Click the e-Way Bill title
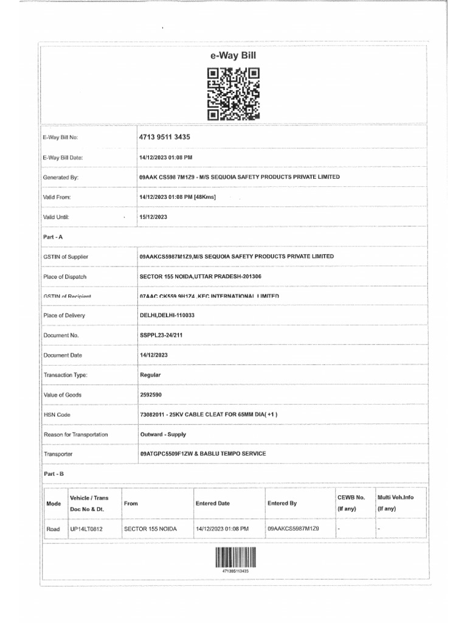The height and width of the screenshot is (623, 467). point(233,56)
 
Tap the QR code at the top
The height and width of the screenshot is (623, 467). point(233,93)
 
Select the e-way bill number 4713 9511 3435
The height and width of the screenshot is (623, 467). point(165,137)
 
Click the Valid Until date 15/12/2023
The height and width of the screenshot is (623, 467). point(153,217)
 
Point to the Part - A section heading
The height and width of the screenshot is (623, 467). point(52,237)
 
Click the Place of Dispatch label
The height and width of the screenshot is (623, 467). point(64,277)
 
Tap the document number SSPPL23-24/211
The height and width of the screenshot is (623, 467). point(162,335)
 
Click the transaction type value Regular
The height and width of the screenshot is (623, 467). point(150,375)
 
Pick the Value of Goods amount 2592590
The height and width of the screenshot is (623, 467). point(151,395)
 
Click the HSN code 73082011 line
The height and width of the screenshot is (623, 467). point(208,414)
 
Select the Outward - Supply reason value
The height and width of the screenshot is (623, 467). point(163,434)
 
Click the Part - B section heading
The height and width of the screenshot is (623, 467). point(52,473)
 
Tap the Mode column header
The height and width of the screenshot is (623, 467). point(54,504)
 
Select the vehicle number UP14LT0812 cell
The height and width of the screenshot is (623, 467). point(86,529)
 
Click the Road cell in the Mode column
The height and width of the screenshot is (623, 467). point(54,529)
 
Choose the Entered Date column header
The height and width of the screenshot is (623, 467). point(213,504)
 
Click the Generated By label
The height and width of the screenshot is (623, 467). point(61,177)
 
